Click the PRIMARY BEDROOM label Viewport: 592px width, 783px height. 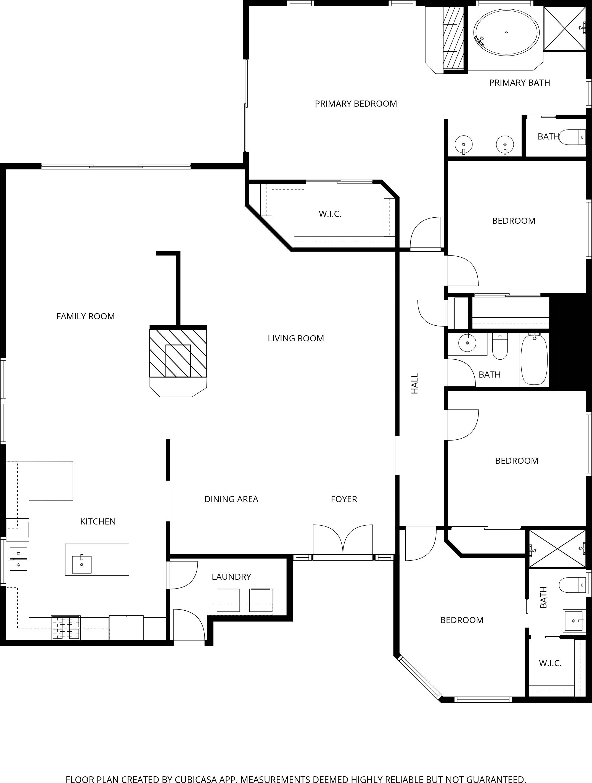coord(356,104)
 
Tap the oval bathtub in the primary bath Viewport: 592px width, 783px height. coord(506,33)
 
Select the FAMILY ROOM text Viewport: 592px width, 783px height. coord(86,317)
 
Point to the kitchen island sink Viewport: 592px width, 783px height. coord(82,564)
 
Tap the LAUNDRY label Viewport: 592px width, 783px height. coord(231,577)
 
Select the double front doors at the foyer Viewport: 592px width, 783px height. coord(343,541)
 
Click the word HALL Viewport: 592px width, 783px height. coord(415,383)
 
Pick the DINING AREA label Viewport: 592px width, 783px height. coord(231,499)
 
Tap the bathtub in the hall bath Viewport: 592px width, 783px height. coord(534,359)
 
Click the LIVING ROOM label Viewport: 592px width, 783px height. coord(296,338)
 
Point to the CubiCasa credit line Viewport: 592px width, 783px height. coord(296,779)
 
